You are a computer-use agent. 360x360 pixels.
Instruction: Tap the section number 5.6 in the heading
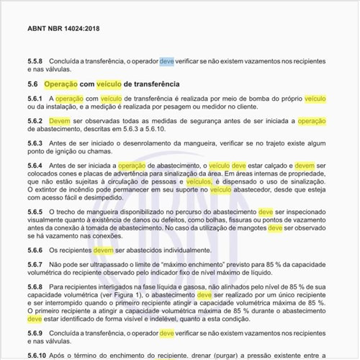[x=33, y=84]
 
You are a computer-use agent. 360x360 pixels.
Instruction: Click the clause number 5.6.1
[x=36, y=98]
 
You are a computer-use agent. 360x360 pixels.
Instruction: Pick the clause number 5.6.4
[x=36, y=166]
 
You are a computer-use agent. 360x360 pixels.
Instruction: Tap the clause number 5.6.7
[x=36, y=265]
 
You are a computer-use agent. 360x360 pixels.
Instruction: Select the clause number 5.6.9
[x=36, y=334]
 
